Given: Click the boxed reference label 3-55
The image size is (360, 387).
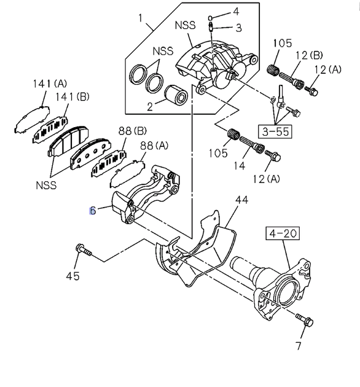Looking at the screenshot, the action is [x=275, y=131].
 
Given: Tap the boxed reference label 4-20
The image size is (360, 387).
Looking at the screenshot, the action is [x=283, y=233].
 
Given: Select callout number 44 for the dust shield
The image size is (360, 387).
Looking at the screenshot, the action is [x=241, y=200].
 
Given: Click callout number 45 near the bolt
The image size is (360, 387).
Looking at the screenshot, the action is [x=73, y=276].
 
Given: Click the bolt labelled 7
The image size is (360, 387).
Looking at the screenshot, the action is [x=305, y=319].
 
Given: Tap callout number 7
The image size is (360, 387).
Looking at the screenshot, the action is [x=299, y=345].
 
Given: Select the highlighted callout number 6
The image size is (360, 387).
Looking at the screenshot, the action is [x=93, y=211].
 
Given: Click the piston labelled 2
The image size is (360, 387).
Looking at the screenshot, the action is [x=176, y=95].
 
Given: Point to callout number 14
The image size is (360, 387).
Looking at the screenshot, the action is [x=240, y=166].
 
